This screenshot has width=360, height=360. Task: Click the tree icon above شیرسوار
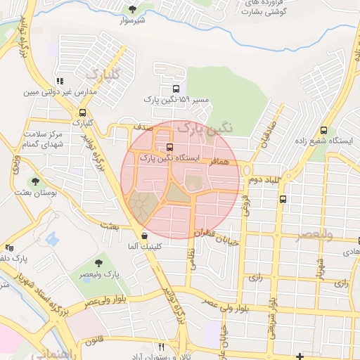(132, 8)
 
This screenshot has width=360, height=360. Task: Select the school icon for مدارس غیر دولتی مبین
(59, 82)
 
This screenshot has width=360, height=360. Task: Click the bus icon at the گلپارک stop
(83, 112)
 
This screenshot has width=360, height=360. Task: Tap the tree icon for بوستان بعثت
(35, 181)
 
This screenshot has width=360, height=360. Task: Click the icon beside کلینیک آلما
(144, 236)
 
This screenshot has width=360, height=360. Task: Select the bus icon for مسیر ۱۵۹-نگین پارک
(175, 89)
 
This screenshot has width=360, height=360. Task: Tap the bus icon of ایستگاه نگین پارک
(169, 147)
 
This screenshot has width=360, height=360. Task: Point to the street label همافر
(219, 162)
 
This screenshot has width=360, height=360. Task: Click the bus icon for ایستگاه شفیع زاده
(323, 130)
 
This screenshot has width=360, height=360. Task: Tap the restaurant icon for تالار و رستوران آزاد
(161, 347)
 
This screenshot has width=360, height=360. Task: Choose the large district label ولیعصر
(304, 234)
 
